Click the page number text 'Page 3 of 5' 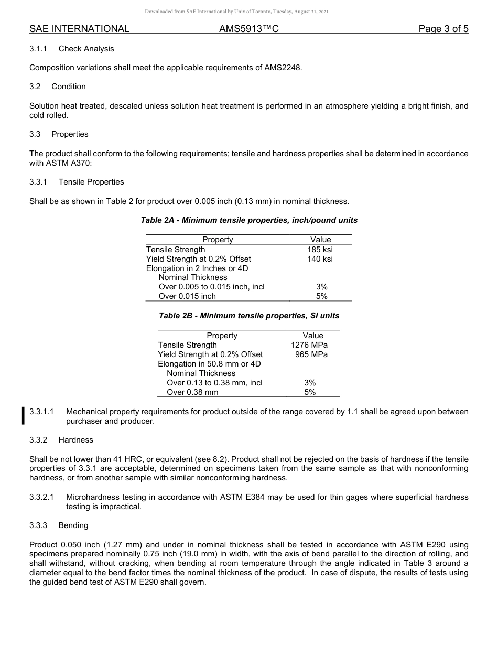[443, 29]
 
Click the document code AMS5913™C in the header [248, 29]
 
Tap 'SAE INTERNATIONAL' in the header [79, 29]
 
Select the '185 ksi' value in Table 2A [320, 250]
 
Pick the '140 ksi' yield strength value [320, 259]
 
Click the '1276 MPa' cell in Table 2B [309, 345]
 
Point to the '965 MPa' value [311, 354]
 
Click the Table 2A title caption [249, 220]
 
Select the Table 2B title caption [249, 316]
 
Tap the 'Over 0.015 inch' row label [187, 296]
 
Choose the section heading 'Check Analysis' [86, 49]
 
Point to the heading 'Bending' [73, 525]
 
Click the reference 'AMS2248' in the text [283, 68]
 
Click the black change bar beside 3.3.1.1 [23, 415]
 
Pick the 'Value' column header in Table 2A [320, 240]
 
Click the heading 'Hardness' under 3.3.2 [75, 440]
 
